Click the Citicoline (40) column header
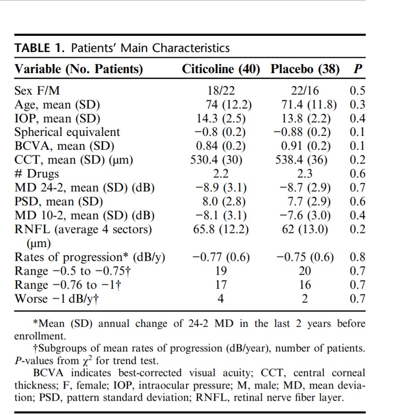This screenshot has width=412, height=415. [x=221, y=69]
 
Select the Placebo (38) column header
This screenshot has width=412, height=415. [x=305, y=69]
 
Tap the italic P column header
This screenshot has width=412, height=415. [x=358, y=69]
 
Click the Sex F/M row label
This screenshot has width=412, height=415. [x=37, y=91]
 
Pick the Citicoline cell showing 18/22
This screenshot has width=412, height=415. [x=221, y=91]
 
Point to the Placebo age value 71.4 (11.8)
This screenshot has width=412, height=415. [x=309, y=104]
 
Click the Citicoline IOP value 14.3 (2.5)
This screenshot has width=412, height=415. [x=221, y=119]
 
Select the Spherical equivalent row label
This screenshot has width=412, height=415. [x=67, y=132]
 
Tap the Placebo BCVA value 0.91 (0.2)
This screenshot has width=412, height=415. [x=306, y=146]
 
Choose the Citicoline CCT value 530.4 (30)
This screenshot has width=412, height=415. [x=216, y=160]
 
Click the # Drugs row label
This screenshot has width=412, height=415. [x=37, y=174]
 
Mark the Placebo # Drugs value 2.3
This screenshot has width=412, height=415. [x=305, y=174]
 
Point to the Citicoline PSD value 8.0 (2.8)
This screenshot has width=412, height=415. [x=224, y=202]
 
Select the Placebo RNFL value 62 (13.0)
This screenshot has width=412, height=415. [x=305, y=229]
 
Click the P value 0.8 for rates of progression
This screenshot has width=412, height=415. [x=357, y=257]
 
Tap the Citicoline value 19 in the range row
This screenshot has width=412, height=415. [x=221, y=271]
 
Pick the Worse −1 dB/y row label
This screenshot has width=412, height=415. [x=56, y=299]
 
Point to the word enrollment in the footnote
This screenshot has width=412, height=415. [x=40, y=336]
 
